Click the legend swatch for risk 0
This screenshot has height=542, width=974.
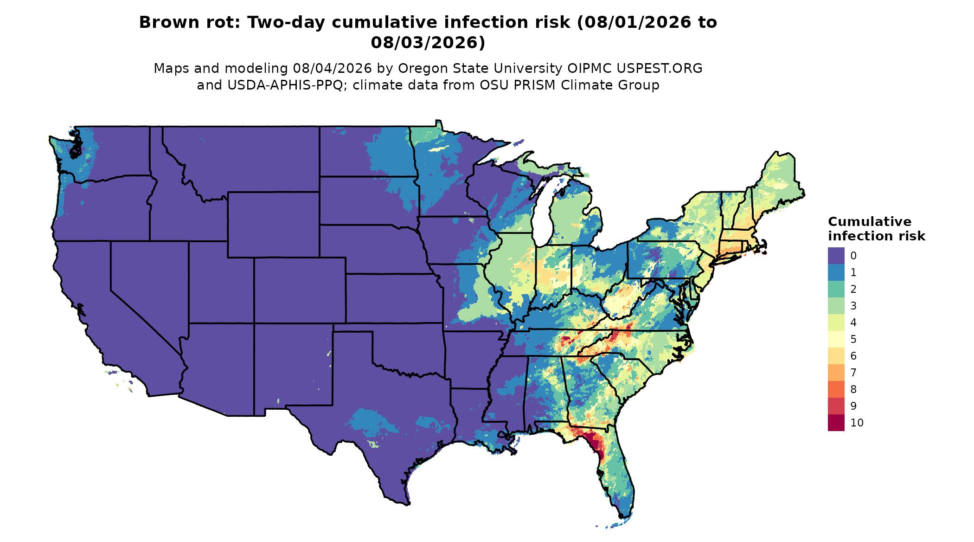(x=836, y=256)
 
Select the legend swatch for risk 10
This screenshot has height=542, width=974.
(x=836, y=423)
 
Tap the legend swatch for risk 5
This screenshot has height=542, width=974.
(x=836, y=339)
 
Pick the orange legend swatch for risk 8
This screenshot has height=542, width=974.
(x=836, y=389)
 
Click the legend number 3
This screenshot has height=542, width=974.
(x=853, y=306)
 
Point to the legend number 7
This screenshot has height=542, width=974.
(x=853, y=373)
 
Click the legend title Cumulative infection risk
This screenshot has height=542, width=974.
(x=877, y=229)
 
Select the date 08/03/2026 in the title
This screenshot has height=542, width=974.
(x=428, y=43)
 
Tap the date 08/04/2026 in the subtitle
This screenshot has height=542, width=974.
(x=332, y=69)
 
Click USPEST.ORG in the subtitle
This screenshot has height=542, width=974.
(x=659, y=69)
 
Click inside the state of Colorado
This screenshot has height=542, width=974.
(x=300, y=290)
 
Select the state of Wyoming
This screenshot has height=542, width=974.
(x=273, y=224)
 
